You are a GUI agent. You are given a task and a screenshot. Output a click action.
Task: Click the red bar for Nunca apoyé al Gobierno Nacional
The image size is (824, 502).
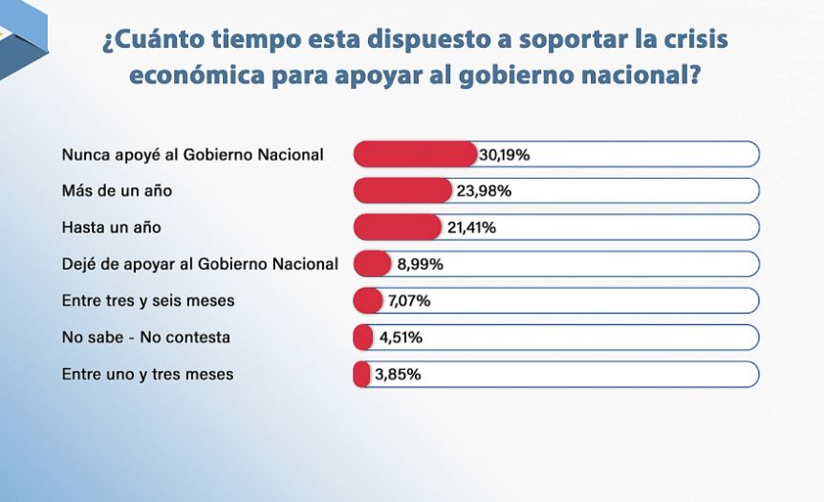(415, 155)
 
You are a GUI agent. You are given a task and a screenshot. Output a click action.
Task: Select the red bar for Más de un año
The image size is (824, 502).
(402, 191)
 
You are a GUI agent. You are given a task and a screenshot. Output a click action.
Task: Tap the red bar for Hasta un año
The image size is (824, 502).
(398, 228)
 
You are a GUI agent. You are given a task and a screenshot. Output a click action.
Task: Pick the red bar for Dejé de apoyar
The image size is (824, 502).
(373, 264)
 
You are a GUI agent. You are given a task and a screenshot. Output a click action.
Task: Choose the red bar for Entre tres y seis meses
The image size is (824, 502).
(368, 300)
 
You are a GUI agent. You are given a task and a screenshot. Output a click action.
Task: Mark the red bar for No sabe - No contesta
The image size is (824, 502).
(363, 338)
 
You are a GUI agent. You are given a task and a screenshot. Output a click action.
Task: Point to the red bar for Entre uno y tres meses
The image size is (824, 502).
(361, 374)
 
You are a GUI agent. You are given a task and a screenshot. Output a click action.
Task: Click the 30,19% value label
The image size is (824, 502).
(505, 155)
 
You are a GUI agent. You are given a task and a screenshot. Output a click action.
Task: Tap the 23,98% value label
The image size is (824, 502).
(484, 191)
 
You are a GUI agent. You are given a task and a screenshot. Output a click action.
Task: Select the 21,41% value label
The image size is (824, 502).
(471, 228)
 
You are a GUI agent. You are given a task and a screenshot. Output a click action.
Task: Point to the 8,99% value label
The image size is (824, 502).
(420, 264)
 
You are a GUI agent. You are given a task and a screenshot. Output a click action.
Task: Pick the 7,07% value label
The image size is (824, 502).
(409, 300)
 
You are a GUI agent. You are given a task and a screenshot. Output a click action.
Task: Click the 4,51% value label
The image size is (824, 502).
(401, 338)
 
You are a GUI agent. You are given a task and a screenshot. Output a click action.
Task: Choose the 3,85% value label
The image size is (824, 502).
(398, 374)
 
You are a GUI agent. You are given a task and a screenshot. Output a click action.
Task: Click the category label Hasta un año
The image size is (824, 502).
(112, 227)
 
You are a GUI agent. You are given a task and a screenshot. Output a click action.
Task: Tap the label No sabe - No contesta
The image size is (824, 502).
(146, 337)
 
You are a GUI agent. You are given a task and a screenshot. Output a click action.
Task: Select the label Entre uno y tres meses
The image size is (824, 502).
(147, 374)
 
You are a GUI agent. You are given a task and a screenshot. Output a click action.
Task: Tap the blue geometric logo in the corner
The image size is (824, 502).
(24, 40)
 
